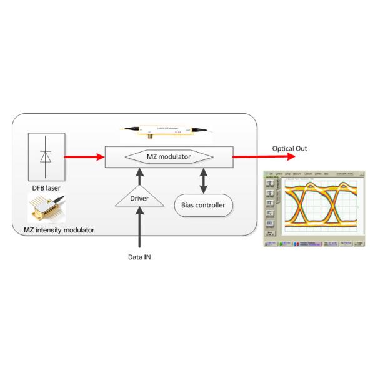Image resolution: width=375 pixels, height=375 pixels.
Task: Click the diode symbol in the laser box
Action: point(45,156)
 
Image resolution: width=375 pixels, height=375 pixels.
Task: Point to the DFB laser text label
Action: point(46,187)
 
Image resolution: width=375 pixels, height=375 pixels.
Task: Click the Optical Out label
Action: point(289,149)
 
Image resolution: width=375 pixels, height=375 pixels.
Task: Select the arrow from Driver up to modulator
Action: point(139,177)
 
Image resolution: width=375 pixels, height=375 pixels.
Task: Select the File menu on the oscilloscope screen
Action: point(271,173)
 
